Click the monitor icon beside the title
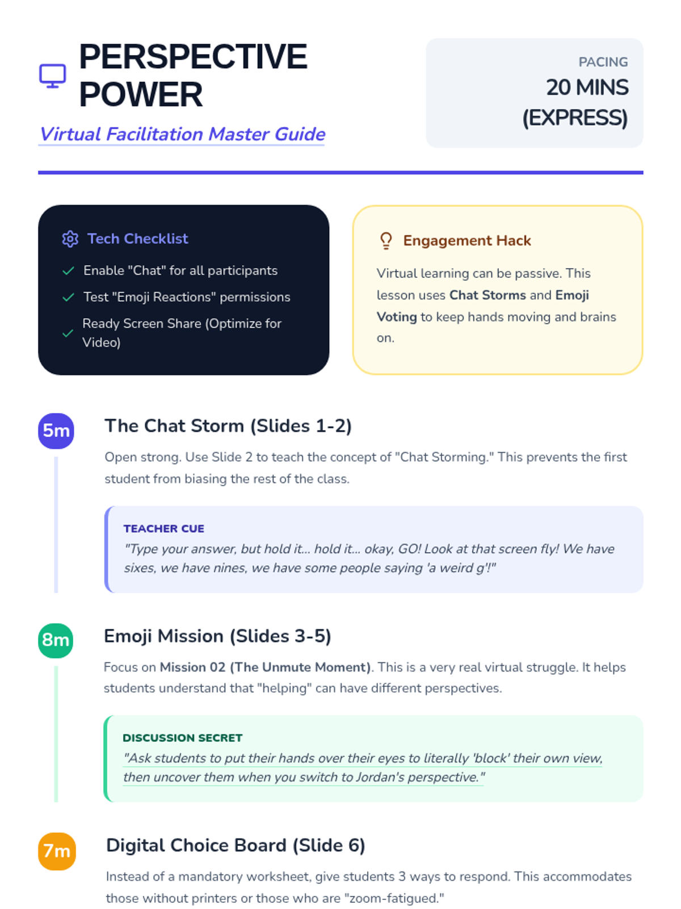click(52, 76)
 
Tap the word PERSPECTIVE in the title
click(193, 57)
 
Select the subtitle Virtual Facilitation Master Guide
click(182, 134)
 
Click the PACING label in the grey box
click(603, 62)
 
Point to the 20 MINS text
click(587, 87)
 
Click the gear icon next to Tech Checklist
click(70, 239)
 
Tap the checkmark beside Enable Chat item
click(69, 271)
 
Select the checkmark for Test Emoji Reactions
click(69, 297)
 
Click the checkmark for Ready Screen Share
click(68, 333)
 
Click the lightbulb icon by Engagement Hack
click(386, 241)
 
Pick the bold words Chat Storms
click(487, 295)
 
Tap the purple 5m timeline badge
click(56, 431)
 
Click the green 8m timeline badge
click(56, 640)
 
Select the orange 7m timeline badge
click(57, 851)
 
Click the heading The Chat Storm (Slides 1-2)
click(228, 426)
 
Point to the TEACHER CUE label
click(163, 529)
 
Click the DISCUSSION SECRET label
click(182, 738)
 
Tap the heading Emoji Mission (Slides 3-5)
click(217, 636)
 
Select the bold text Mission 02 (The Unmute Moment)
click(265, 668)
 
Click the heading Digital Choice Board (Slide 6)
click(236, 845)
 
